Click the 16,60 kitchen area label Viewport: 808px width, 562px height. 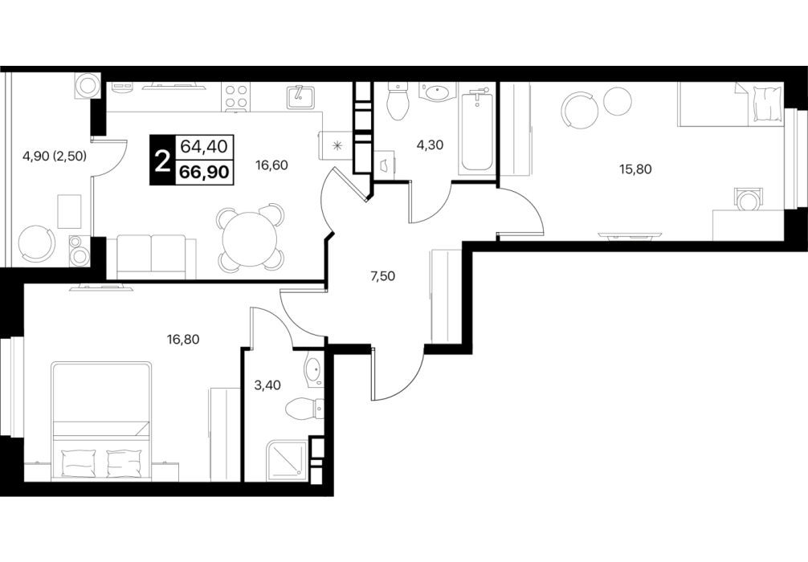(271, 165)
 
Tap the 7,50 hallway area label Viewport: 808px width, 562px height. (382, 276)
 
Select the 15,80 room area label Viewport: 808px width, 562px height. (635, 169)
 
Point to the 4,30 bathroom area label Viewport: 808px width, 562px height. (430, 145)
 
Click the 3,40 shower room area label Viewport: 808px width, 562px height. (267, 385)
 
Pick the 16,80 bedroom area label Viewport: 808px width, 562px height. (183, 339)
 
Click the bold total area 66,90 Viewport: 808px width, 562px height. (203, 172)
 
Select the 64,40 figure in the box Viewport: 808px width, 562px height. (203, 146)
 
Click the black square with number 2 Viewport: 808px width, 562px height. (162, 160)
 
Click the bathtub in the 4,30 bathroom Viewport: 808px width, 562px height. (477, 132)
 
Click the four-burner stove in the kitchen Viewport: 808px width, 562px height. (236, 97)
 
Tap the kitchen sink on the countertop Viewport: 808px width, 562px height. (300, 97)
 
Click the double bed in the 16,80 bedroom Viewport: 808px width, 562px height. (101, 421)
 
